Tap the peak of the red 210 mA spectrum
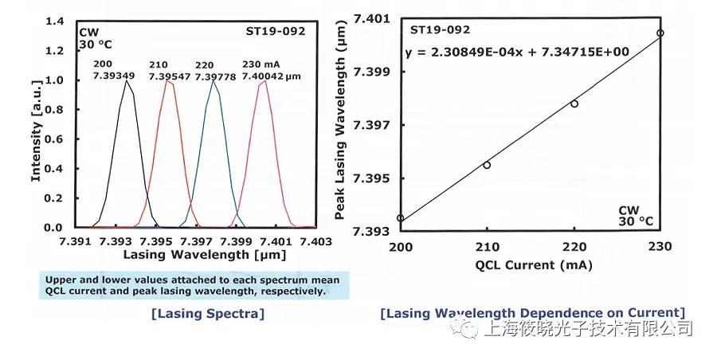pyautogui.click(x=168, y=80)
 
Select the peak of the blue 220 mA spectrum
pyautogui.click(x=213, y=80)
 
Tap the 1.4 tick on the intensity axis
pyautogui.click(x=55, y=22)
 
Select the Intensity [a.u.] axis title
pyautogui.click(x=36, y=125)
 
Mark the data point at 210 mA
pyautogui.click(x=487, y=165)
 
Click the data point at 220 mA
pyautogui.click(x=574, y=104)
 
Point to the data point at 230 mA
pyautogui.click(x=660, y=33)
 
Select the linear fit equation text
pyautogui.click(x=518, y=53)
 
